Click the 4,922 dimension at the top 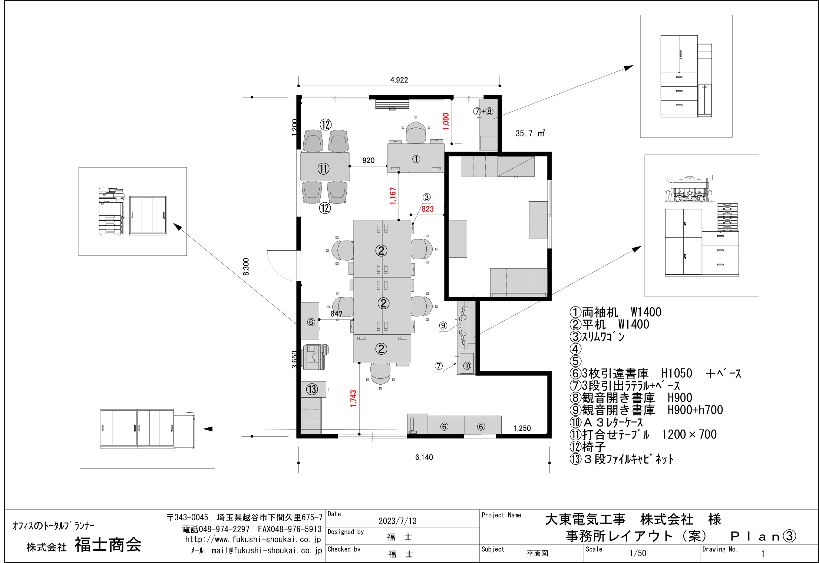click(x=399, y=80)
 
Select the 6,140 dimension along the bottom click(x=424, y=457)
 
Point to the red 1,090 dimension click(x=446, y=121)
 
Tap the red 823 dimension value click(x=427, y=209)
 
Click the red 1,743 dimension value click(x=353, y=398)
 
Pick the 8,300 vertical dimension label click(x=246, y=267)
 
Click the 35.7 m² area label click(x=530, y=133)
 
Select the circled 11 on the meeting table click(x=323, y=169)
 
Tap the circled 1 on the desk click(x=416, y=159)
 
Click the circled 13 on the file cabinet click(x=312, y=389)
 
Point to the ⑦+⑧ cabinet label click(x=483, y=111)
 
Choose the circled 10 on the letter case click(x=467, y=366)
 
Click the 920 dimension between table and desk click(x=368, y=160)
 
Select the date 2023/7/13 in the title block click(x=397, y=521)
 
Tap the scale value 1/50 click(x=638, y=553)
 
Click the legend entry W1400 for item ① click(x=646, y=312)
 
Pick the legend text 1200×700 click(x=689, y=434)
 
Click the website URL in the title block click(x=253, y=539)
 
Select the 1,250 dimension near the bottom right click(x=522, y=428)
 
